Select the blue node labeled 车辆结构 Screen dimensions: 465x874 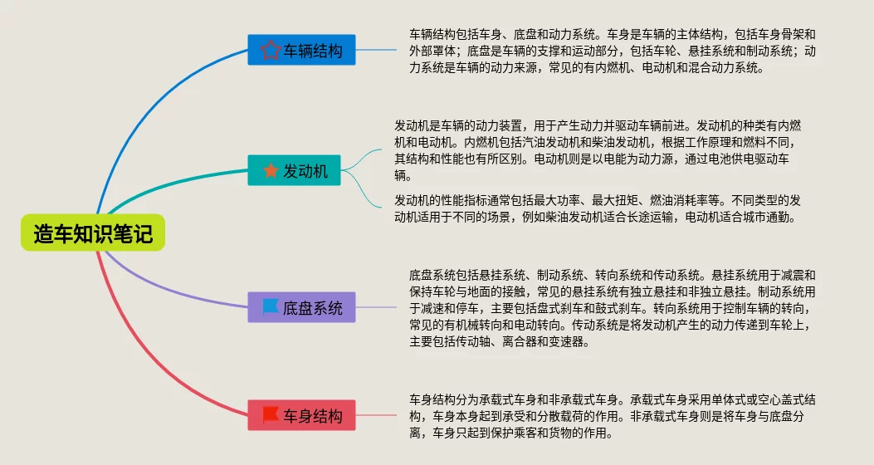[301, 51]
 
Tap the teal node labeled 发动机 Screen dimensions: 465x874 [295, 171]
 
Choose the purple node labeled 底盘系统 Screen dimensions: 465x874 [301, 307]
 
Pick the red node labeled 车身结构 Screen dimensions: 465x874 [301, 415]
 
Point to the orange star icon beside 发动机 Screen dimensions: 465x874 [271, 171]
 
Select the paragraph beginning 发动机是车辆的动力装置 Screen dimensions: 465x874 [598, 149]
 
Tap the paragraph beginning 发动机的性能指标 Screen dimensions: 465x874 [598, 209]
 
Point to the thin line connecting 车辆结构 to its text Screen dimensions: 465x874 [376, 51]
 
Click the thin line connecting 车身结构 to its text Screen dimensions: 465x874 [376, 415]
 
